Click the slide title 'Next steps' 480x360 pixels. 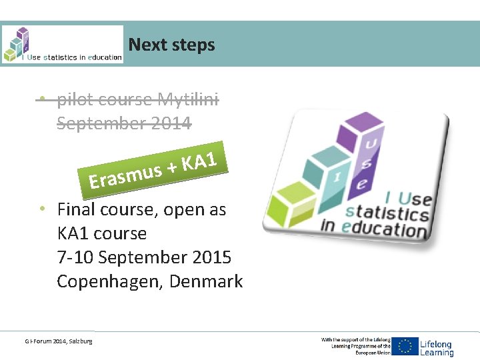171,45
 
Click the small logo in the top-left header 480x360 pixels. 62,45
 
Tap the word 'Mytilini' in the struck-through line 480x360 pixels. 187,100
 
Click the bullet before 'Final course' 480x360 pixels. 41,209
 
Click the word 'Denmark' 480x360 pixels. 206,281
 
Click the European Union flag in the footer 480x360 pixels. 405,345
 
